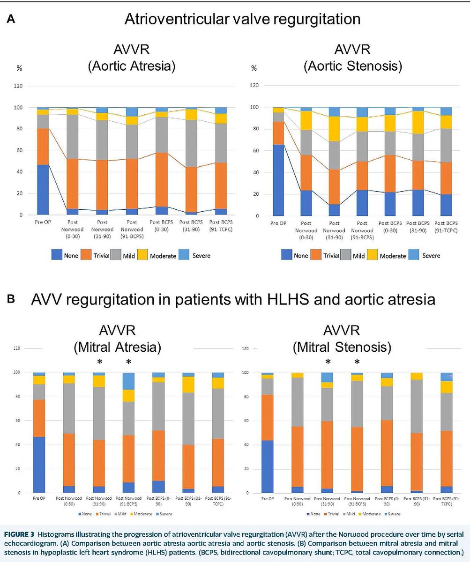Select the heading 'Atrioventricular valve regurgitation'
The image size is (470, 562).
(x=242, y=20)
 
